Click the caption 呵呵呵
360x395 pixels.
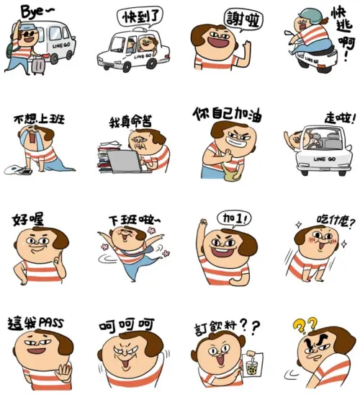point(127,326)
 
